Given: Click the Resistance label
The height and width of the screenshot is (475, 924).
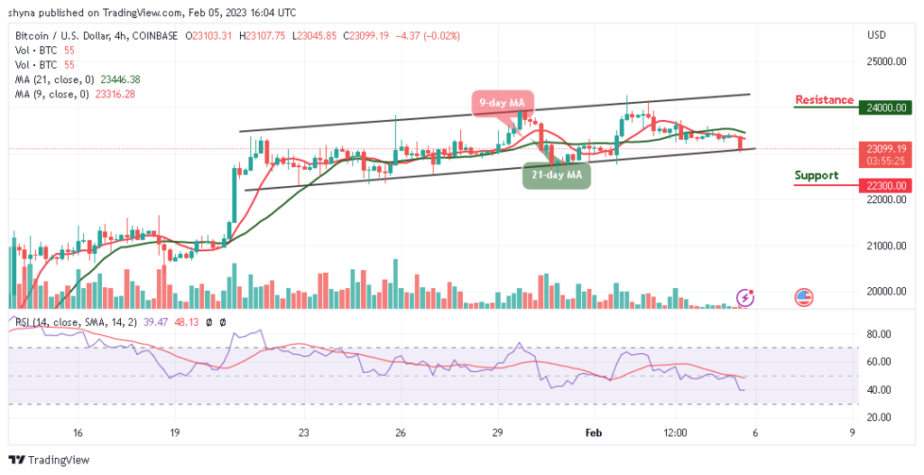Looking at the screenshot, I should (x=824, y=99).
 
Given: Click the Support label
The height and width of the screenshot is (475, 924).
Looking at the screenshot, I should (x=816, y=175).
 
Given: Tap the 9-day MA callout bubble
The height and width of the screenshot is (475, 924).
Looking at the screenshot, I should (x=503, y=102).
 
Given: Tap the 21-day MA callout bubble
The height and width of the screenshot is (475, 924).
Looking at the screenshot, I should (x=557, y=174).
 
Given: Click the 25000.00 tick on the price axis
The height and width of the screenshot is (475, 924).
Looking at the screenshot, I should (x=884, y=61).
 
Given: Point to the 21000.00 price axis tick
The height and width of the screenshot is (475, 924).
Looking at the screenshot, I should (x=884, y=246).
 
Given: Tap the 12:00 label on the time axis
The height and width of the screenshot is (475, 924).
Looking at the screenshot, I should (x=674, y=433).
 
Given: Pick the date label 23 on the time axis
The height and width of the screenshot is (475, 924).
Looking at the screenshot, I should (x=305, y=433).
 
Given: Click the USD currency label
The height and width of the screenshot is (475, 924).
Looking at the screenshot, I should (x=876, y=36).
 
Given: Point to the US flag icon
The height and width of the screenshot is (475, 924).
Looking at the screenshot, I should (x=803, y=297).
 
